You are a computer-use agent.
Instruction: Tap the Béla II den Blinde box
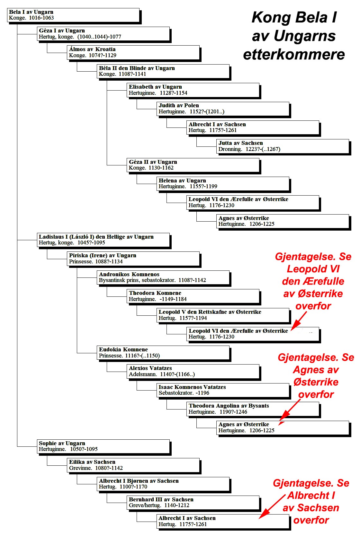pyautogui.click(x=163, y=72)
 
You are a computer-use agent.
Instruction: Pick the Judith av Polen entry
pyautogui.click(x=223, y=109)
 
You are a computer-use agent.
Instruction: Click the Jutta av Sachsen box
pyautogui.click(x=283, y=147)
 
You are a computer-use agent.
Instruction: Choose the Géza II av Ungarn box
pyautogui.click(x=193, y=165)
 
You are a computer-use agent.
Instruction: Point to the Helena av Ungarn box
pyautogui.click(x=223, y=184)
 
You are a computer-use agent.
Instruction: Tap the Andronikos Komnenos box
pyautogui.click(x=163, y=278)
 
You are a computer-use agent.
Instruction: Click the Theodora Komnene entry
pyautogui.click(x=193, y=296)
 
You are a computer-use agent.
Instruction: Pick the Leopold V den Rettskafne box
pyautogui.click(x=223, y=315)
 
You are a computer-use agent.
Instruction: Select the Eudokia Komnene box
pyautogui.click(x=163, y=353)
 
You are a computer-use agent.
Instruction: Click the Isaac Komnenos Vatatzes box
pyautogui.click(x=223, y=391)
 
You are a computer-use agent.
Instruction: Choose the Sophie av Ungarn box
pyautogui.click(x=104, y=447)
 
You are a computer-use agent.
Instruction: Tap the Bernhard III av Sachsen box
pyautogui.click(x=193, y=503)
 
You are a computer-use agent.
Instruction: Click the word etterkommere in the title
pyautogui.click(x=294, y=55)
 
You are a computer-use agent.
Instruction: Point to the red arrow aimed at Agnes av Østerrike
pyautogui.click(x=290, y=413)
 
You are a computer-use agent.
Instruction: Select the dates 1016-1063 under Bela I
pyautogui.click(x=41, y=18)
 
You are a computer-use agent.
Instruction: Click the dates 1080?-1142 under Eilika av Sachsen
pyautogui.click(x=109, y=468)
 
